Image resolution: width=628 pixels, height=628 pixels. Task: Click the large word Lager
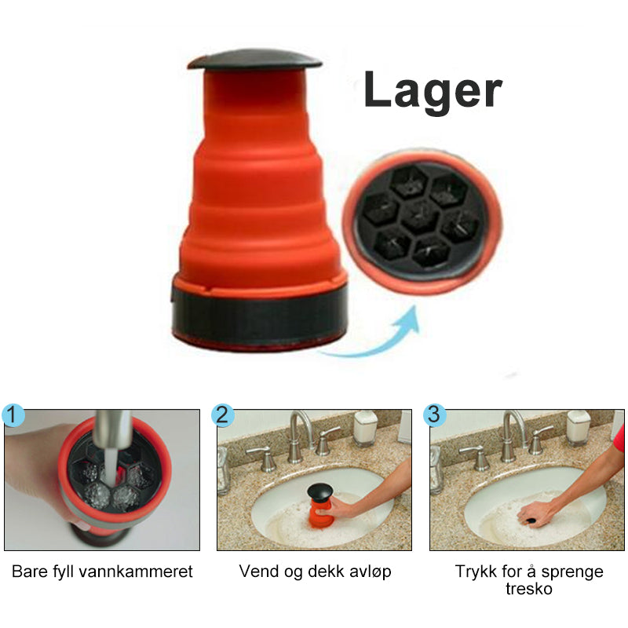[433, 91]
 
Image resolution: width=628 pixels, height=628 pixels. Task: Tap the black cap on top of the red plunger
[254, 60]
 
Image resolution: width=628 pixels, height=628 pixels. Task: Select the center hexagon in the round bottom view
[420, 217]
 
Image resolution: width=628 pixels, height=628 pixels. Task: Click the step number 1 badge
[13, 415]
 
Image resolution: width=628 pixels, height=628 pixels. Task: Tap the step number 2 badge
[223, 415]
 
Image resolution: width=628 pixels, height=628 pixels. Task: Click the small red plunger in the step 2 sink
[320, 506]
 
